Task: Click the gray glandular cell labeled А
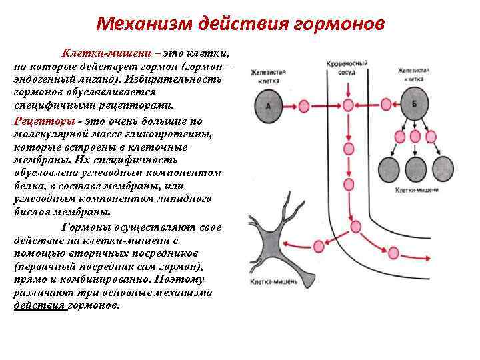pos(268,105)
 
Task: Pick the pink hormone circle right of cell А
pos(304,105)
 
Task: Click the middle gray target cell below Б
pos(415,166)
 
